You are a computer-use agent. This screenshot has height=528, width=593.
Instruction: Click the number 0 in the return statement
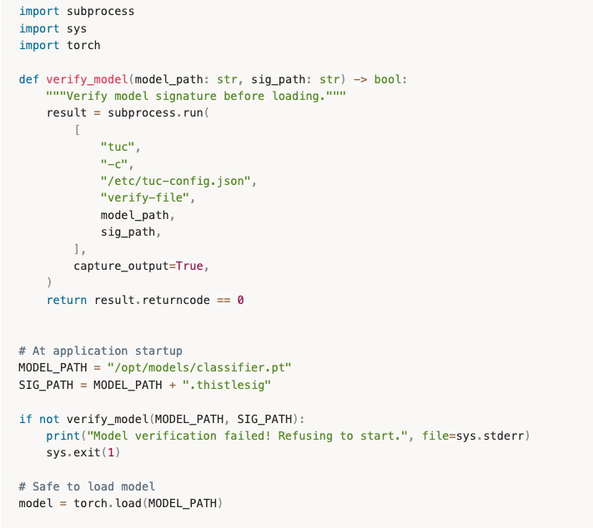(240, 299)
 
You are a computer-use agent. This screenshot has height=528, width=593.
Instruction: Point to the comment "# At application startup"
(100, 351)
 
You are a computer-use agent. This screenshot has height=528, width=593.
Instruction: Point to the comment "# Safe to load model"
(87, 486)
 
